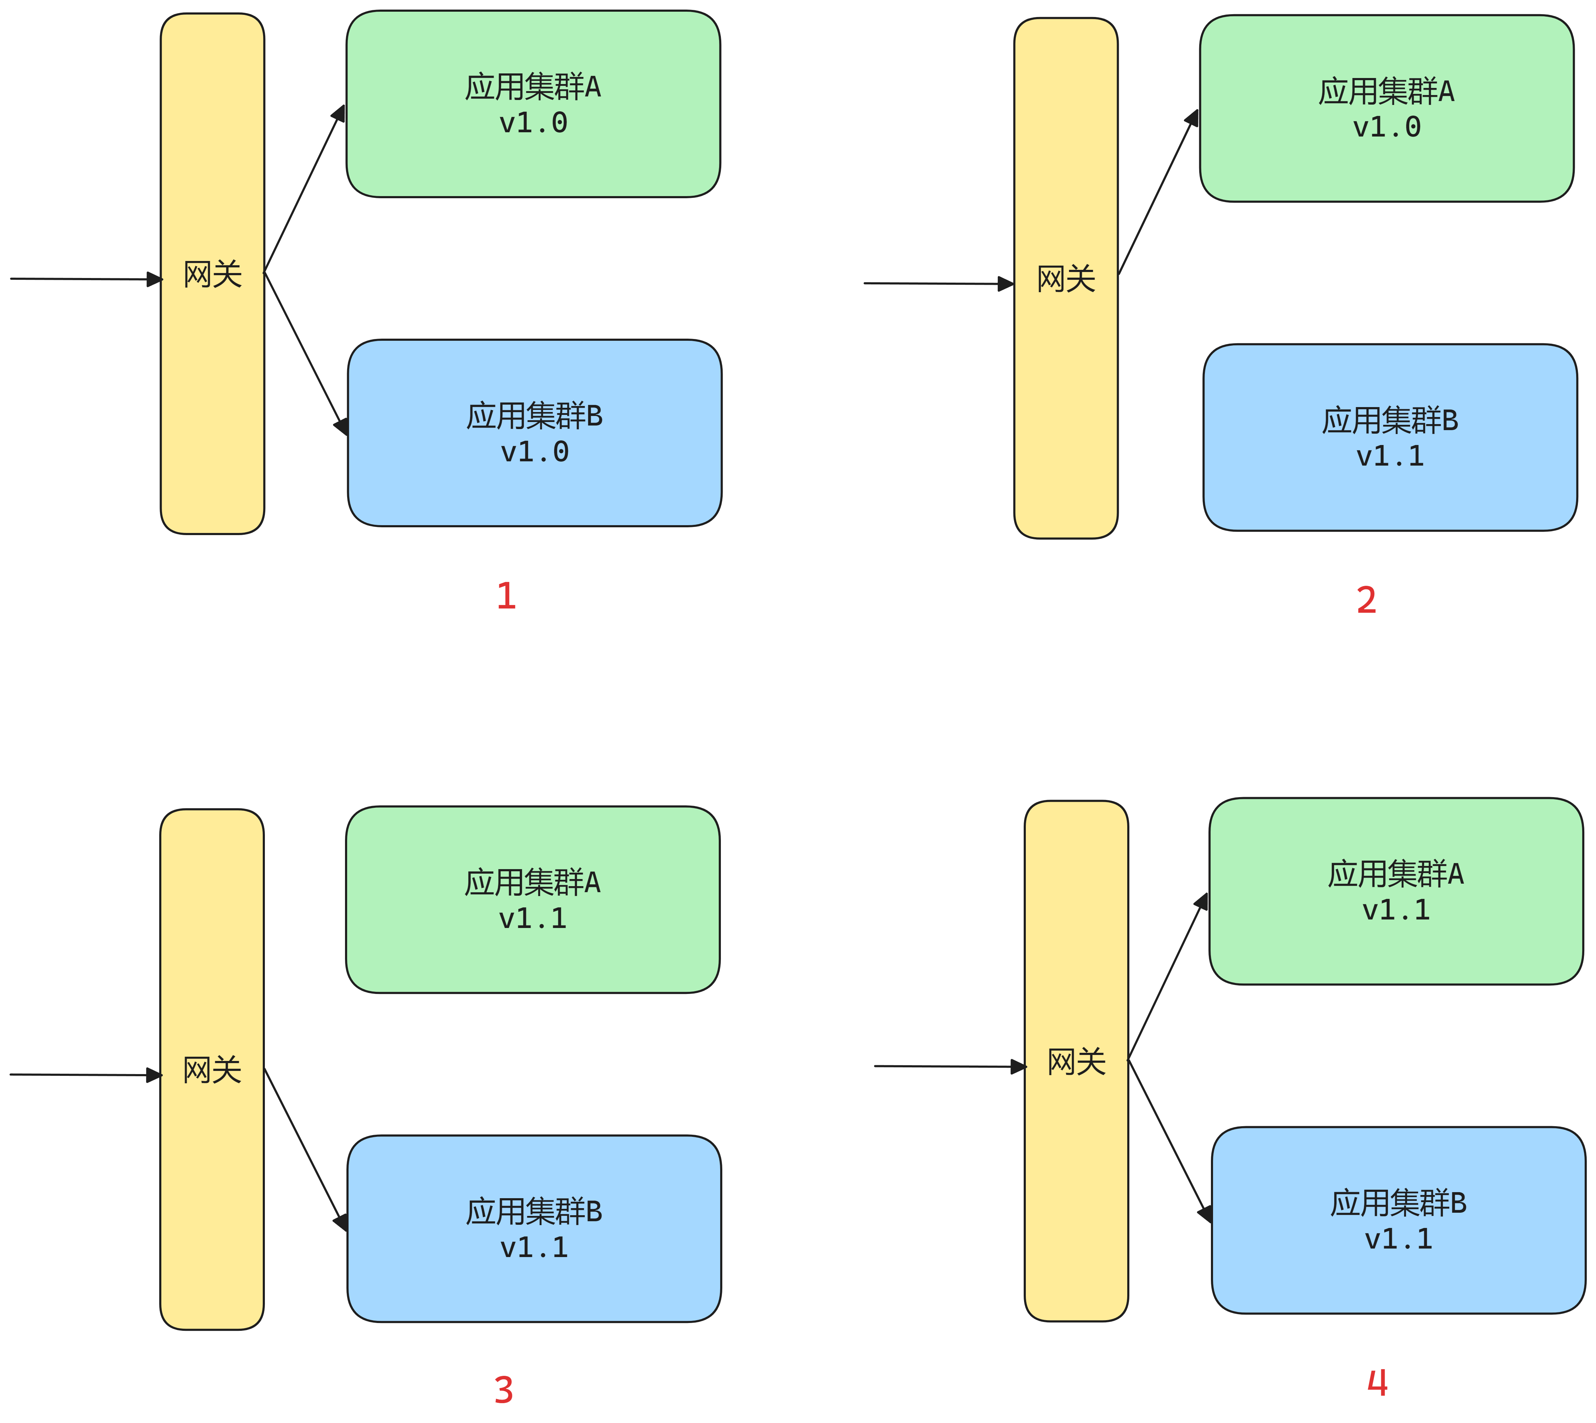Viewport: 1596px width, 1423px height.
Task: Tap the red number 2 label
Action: coord(1366,600)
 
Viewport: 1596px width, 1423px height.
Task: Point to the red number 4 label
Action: coord(1377,1382)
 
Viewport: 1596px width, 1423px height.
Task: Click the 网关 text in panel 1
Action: coord(213,274)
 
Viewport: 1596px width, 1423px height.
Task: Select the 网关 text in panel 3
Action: coord(212,1069)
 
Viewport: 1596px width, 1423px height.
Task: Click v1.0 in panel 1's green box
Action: coord(533,123)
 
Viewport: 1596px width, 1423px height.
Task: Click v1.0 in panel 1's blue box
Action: coord(535,452)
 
